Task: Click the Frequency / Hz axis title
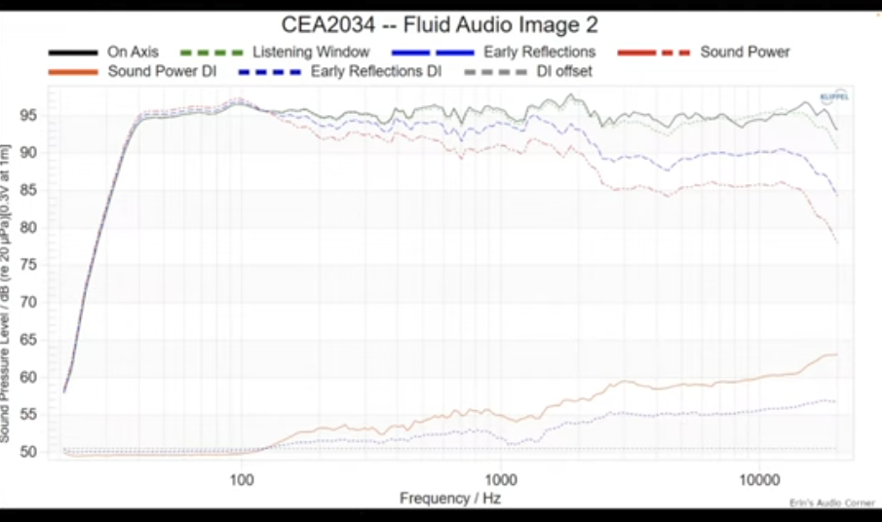point(451,499)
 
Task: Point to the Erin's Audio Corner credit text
point(826,503)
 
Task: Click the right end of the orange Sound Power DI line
point(835,354)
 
